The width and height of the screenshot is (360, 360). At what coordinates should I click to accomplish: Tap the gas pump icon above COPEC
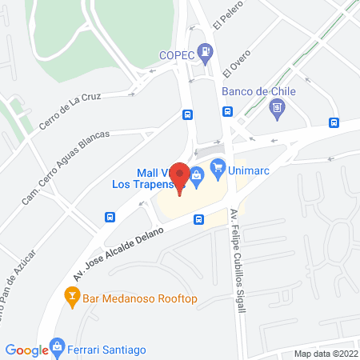tap(207, 50)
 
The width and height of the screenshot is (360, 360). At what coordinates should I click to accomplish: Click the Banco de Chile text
tap(258, 91)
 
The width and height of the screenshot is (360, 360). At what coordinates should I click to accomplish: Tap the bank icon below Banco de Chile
tap(278, 107)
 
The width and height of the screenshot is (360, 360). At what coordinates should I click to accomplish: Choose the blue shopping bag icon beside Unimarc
tap(217, 170)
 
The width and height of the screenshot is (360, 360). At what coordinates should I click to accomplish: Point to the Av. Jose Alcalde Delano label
tap(120, 249)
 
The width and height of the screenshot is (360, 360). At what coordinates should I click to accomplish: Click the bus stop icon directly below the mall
tap(198, 219)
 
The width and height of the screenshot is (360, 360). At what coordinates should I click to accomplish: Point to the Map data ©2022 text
tap(326, 354)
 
